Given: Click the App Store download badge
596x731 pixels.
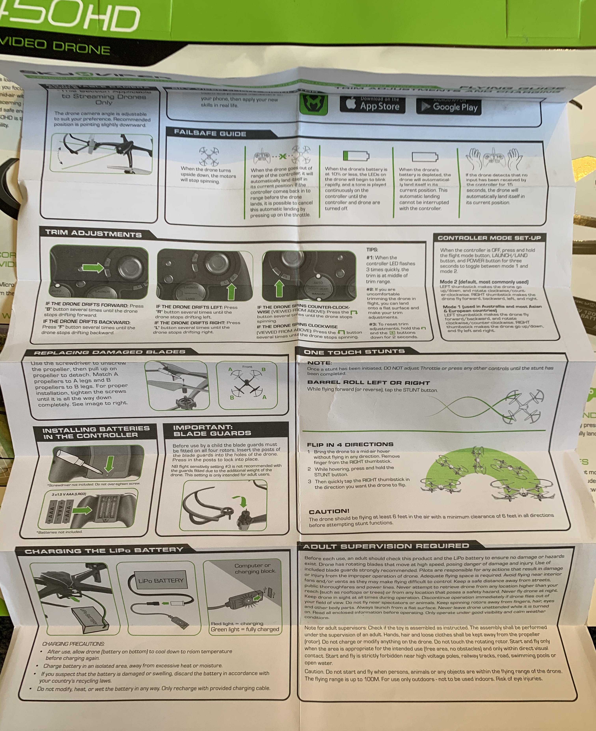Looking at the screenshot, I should (x=372, y=104).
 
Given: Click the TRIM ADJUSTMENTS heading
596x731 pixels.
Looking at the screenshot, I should (x=93, y=233).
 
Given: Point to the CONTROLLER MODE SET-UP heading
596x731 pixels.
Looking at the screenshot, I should (x=489, y=238).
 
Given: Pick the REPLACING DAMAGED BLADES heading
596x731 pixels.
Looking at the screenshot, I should (x=110, y=352).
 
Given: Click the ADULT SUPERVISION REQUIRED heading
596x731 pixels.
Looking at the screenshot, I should (x=386, y=546).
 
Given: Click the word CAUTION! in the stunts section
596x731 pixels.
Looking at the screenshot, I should (x=329, y=511).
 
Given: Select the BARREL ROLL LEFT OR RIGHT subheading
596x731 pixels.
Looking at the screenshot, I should (x=368, y=382).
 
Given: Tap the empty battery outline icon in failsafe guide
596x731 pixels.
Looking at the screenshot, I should (x=425, y=157).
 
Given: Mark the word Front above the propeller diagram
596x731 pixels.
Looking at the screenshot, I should (x=247, y=367).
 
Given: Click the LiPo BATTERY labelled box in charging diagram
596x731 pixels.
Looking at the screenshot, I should (x=161, y=580).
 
